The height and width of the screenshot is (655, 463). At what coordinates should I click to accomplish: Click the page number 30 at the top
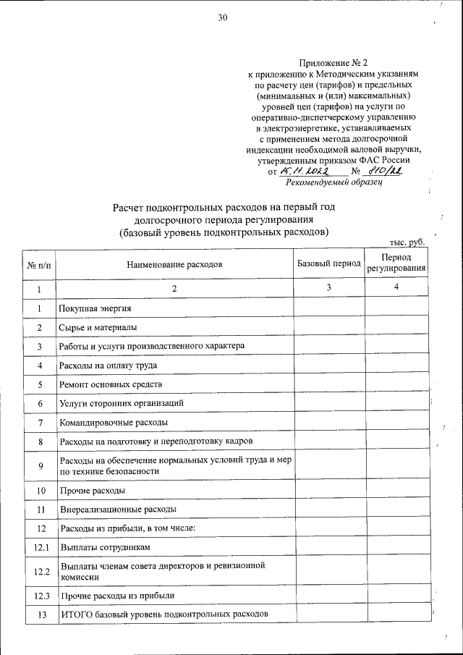coord(223,19)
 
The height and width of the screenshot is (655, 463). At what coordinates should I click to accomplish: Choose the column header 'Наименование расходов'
coord(174,264)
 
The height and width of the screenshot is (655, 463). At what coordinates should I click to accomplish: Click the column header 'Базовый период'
coord(328,263)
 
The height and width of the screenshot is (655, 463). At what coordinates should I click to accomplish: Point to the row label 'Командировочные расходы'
coord(114,421)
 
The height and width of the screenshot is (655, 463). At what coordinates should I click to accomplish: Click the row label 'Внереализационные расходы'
coord(117,510)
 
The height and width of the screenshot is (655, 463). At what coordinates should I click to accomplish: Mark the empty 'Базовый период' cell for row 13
coord(328,614)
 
